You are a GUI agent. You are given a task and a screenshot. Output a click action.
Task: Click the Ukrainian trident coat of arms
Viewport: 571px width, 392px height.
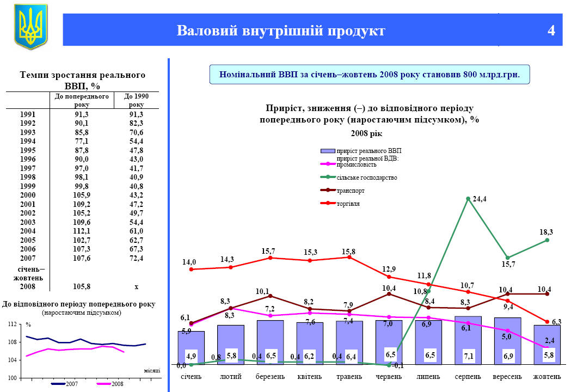click(30, 27)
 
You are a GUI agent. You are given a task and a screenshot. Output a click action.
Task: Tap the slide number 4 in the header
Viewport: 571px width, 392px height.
click(551, 30)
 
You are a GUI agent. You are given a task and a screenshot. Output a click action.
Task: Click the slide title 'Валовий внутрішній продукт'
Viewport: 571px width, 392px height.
click(280, 30)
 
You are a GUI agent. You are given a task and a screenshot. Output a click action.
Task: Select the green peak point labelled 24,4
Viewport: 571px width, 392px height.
click(468, 199)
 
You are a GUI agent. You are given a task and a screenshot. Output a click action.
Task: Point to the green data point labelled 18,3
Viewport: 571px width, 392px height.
click(547, 240)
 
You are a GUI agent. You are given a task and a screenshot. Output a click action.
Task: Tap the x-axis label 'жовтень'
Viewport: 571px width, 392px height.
click(547, 377)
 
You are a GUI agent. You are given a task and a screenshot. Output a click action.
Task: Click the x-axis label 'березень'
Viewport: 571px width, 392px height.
click(270, 377)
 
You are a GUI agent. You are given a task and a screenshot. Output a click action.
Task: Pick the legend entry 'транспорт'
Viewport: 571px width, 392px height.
click(351, 191)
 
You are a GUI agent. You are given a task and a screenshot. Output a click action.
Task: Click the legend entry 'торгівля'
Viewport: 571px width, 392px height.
click(348, 204)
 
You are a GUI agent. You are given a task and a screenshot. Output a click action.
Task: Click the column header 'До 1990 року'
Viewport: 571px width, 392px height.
click(136, 100)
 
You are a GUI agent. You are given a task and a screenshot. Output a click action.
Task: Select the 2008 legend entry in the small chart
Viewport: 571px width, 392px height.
click(113, 384)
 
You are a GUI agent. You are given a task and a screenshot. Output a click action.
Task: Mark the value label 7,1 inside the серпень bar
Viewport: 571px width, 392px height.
click(468, 356)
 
